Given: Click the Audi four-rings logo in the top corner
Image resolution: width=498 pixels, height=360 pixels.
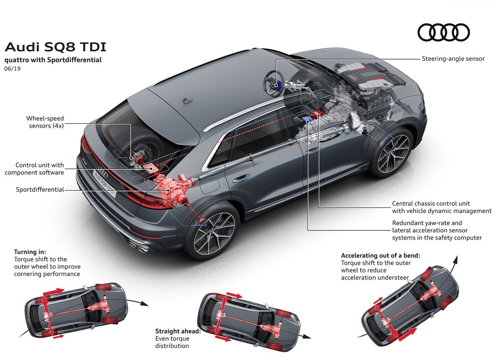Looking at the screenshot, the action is click(x=444, y=32).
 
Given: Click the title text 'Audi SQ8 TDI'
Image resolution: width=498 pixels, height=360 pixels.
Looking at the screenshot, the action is click(x=55, y=47).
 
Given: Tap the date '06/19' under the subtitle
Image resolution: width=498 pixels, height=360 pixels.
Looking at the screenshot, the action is click(x=12, y=69).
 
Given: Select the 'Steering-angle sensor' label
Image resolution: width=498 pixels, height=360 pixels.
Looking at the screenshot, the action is click(x=453, y=59).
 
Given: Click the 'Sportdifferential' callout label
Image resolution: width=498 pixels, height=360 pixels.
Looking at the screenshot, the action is click(x=40, y=190).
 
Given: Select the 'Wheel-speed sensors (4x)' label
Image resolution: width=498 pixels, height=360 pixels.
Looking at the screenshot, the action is click(x=45, y=122).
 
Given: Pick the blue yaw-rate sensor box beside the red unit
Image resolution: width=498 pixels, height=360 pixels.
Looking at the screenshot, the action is click(x=306, y=119).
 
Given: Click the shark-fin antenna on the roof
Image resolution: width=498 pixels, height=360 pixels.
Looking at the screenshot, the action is click(x=188, y=100).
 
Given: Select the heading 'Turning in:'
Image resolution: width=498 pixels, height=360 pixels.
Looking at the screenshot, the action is click(x=30, y=252).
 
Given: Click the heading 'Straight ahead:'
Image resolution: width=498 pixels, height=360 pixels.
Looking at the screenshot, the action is click(x=178, y=331).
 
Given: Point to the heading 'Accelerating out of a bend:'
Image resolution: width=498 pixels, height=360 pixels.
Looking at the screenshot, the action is click(x=381, y=255).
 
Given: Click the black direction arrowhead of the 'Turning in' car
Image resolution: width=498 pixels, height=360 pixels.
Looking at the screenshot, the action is click(x=145, y=304).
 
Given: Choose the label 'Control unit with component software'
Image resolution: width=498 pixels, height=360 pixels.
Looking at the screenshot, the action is click(x=34, y=169).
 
